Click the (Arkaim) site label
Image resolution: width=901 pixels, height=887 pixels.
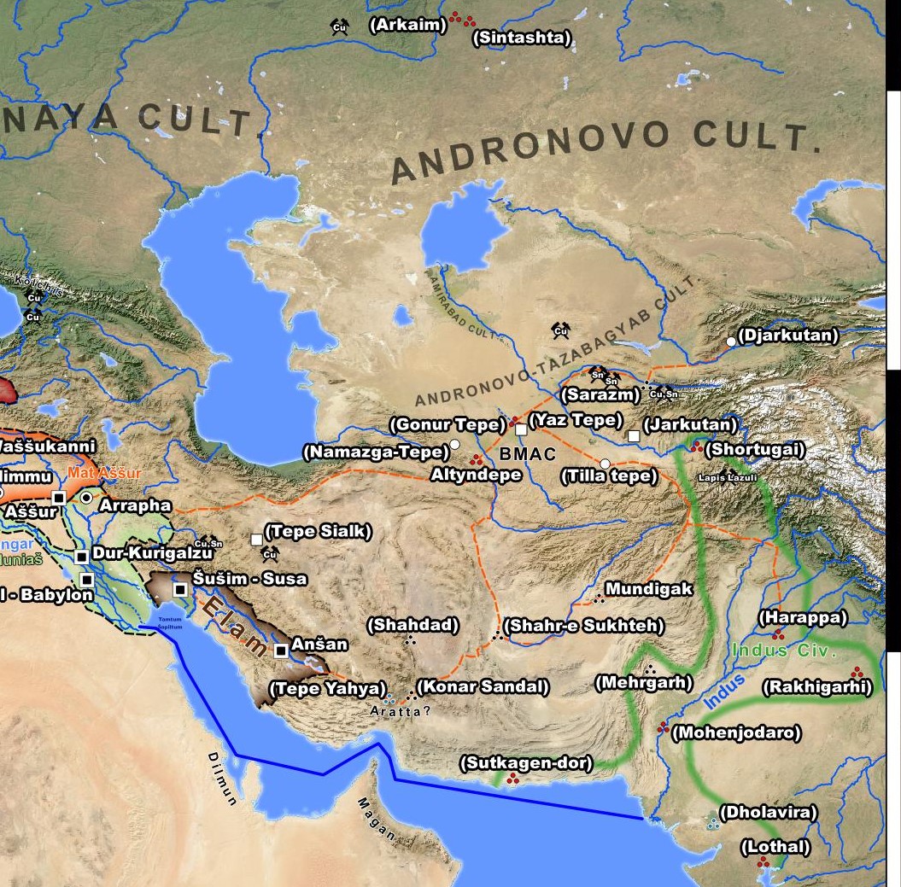[407, 25]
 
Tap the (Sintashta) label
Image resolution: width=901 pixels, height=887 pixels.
[523, 38]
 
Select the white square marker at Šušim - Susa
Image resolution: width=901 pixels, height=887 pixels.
[180, 589]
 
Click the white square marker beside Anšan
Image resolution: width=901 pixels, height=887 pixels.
[281, 651]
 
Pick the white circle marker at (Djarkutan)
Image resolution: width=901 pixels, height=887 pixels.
[731, 341]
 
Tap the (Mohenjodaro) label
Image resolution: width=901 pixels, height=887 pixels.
[736, 732]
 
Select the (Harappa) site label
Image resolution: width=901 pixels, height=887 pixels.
[802, 616]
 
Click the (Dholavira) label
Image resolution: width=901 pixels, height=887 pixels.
[768, 813]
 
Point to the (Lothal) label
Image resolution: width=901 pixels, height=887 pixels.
[775, 847]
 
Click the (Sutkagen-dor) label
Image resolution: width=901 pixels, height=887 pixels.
[526, 762]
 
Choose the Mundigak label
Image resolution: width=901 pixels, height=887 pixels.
[648, 589]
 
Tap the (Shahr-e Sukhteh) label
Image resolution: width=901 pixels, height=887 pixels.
[584, 626]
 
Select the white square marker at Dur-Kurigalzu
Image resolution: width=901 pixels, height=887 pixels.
[82, 557]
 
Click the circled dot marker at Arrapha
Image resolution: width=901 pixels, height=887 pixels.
[86, 497]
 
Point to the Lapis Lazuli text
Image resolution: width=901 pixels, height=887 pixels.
[728, 478]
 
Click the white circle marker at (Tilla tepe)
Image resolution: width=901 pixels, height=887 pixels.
[605, 464]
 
